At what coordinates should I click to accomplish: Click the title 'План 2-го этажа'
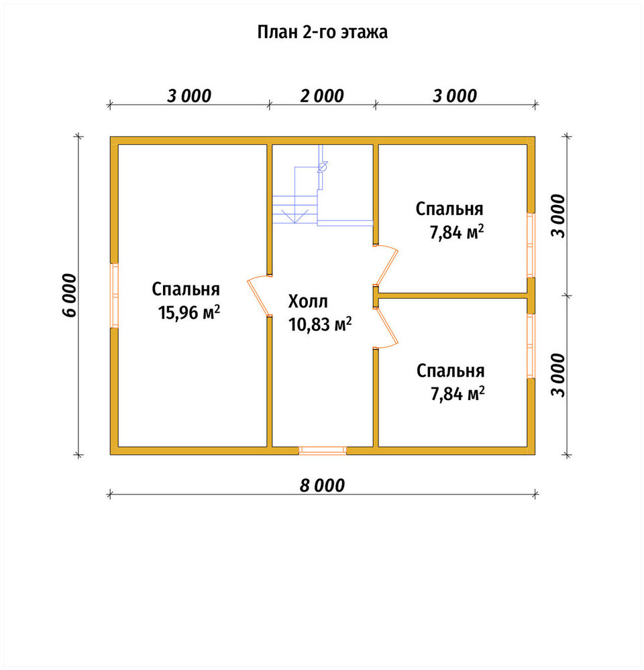coord(322,32)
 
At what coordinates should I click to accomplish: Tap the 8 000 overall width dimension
coord(322,485)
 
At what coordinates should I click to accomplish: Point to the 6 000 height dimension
coord(70,295)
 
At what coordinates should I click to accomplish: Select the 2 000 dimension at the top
coord(322,96)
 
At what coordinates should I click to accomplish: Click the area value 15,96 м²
coord(189,312)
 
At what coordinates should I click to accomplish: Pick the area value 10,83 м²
coord(320,324)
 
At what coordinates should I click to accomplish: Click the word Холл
coord(308,301)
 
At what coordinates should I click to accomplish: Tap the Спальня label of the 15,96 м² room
coord(186,289)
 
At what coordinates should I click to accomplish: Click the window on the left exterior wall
coord(114,295)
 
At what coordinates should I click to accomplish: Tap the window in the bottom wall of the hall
coord(323,450)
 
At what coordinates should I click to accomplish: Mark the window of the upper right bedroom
coord(531,245)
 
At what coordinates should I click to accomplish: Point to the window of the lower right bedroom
coord(531,346)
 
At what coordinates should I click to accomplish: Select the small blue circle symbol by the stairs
coord(322,166)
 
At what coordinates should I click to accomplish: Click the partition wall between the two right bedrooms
coord(453,295)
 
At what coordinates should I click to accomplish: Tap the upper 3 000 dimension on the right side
coord(558,215)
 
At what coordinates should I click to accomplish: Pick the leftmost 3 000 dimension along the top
coord(189,96)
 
